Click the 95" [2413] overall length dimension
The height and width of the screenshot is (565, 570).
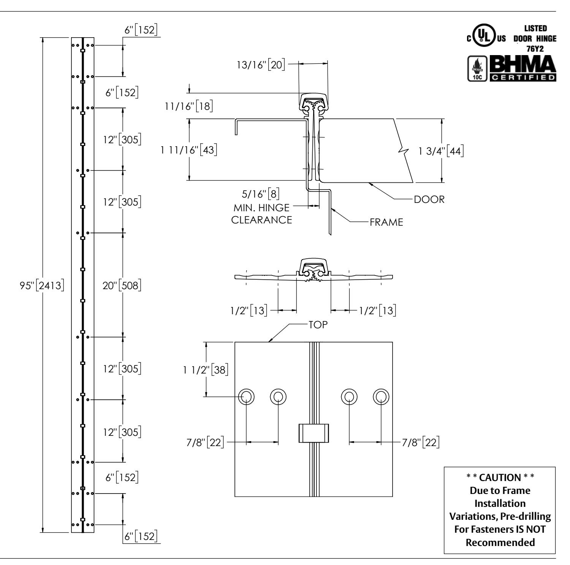pos(42,285)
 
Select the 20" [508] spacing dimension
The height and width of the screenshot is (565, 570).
pos(122,285)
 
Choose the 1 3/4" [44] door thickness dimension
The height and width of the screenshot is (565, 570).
pos(440,151)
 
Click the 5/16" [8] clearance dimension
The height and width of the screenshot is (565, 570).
pos(261,195)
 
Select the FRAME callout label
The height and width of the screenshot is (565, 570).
pos(386,222)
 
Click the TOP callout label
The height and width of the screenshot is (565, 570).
pos(318,325)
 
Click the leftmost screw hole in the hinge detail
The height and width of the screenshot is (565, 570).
pos(247,397)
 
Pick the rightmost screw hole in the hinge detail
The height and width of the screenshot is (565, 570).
pos(381,397)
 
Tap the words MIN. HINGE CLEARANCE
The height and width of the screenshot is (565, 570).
pos(262,214)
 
